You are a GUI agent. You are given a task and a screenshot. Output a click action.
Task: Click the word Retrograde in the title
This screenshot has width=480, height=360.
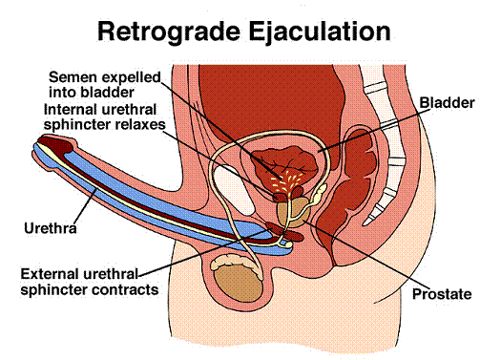(x=169, y=32)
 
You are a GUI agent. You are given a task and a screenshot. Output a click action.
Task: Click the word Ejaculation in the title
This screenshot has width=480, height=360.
(x=320, y=32)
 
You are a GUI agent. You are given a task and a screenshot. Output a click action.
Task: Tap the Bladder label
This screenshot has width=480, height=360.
(x=447, y=103)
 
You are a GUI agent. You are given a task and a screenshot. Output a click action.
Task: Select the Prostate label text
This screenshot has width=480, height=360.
(x=442, y=294)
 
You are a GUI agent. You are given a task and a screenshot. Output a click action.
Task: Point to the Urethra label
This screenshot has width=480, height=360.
(x=51, y=228)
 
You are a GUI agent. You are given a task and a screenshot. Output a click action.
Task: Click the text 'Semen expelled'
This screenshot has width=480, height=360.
(x=105, y=77)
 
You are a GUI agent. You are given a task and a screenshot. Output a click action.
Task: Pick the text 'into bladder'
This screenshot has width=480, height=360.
(x=92, y=93)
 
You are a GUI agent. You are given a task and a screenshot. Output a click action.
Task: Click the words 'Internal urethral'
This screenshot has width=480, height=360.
(x=100, y=110)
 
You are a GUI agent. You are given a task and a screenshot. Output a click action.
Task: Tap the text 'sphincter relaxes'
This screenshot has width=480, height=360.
(x=105, y=125)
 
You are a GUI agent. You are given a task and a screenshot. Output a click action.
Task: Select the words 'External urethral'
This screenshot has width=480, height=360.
(x=79, y=274)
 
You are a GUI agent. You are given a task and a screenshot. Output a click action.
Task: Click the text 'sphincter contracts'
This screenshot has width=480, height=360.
(x=90, y=289)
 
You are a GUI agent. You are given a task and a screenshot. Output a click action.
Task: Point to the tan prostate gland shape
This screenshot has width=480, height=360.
(x=291, y=212)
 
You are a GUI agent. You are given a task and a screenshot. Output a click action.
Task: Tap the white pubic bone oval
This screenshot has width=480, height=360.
(x=235, y=190)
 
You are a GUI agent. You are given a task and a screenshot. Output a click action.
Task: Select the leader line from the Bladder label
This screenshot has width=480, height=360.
(x=374, y=130)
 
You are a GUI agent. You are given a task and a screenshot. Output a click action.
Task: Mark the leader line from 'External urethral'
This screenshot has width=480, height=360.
(x=204, y=252)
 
